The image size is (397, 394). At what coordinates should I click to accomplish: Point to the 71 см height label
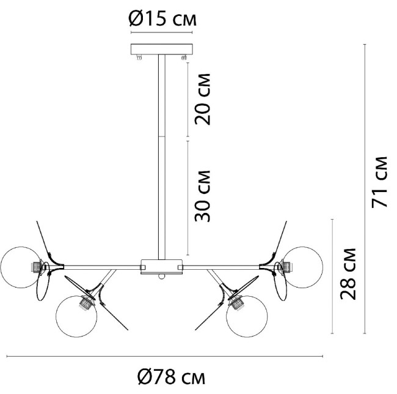tap(379, 182)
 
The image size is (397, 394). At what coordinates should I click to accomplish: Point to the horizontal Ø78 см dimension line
tap(165, 357)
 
